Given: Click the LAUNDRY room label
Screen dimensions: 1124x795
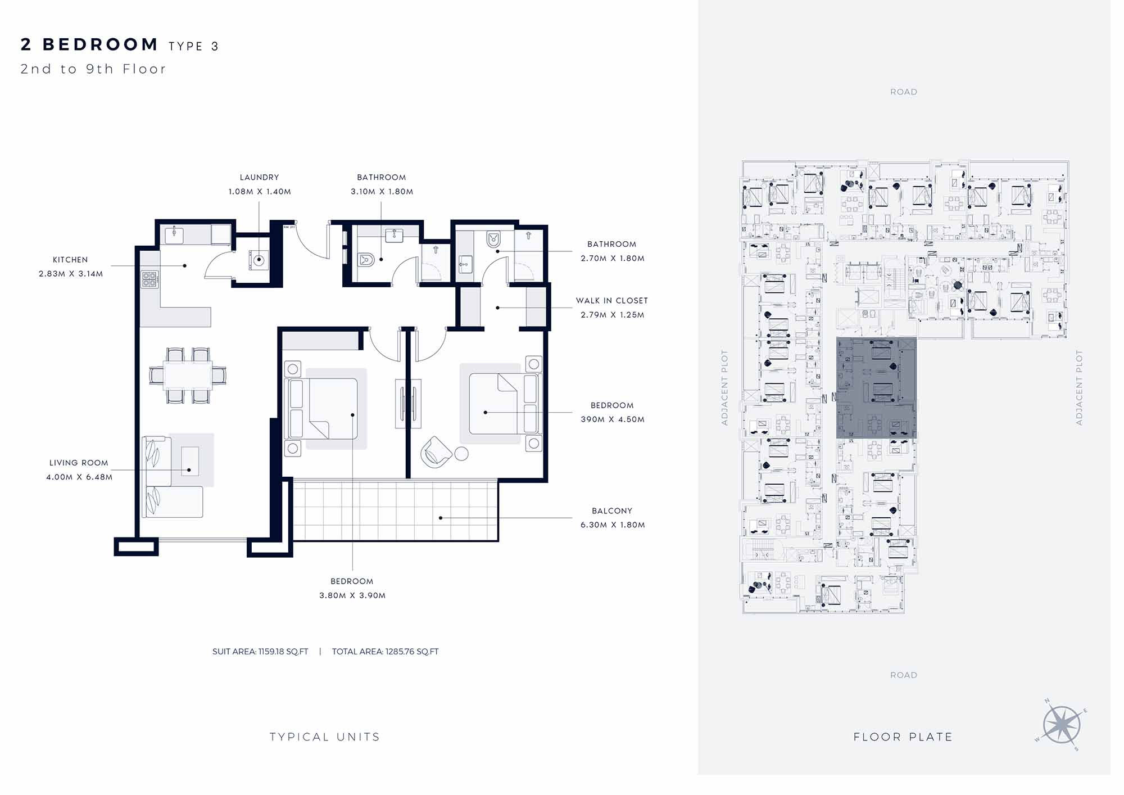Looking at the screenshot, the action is (259, 177).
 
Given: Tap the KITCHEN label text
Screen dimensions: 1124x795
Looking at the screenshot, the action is (70, 260).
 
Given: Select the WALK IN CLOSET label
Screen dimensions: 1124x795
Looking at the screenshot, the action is (612, 301).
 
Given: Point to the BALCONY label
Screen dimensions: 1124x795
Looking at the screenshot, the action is (612, 511).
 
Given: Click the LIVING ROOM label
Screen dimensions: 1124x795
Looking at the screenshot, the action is (79, 463).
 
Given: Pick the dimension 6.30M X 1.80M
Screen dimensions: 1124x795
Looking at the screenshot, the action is (613, 525).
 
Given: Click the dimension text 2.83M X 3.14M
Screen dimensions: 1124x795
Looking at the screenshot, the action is (71, 274).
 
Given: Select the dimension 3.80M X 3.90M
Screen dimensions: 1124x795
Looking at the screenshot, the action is (352, 595).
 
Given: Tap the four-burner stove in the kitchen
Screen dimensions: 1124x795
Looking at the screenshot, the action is (149, 279).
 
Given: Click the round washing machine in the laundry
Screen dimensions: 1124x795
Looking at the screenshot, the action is (259, 260).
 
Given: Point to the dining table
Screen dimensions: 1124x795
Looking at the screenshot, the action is (188, 376).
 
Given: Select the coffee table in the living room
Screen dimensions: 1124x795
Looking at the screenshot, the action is (190, 461).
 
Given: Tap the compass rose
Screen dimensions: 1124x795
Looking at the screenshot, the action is (1062, 725).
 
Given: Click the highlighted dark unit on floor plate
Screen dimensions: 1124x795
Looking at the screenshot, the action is (876, 388).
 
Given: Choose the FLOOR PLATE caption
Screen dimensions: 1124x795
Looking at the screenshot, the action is (903, 737).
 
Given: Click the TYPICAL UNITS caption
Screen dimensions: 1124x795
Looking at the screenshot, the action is (325, 737).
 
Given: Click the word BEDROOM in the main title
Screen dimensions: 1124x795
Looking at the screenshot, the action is (101, 44).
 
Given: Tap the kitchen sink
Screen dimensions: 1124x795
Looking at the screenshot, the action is (174, 235).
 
